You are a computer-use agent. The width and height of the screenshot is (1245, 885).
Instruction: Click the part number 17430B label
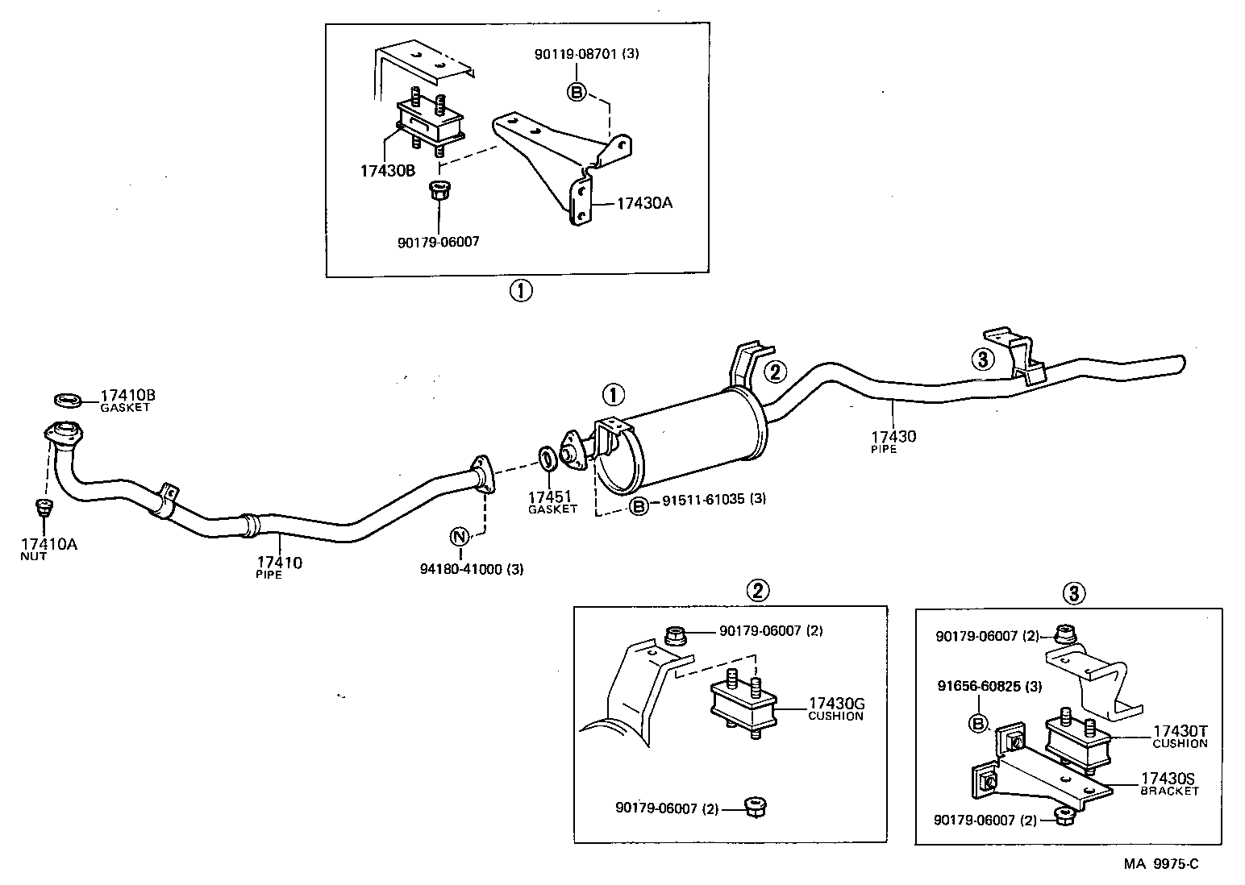click(389, 172)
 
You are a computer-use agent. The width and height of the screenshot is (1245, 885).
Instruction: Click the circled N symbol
click(459, 537)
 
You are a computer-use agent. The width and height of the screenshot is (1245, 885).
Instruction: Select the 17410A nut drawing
click(44, 508)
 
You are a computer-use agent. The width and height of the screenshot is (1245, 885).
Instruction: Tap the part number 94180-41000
click(461, 569)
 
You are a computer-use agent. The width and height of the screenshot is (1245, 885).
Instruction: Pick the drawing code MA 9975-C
click(1162, 865)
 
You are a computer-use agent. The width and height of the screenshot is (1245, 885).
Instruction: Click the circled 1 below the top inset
click(520, 290)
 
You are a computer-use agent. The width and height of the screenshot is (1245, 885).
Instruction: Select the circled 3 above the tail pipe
click(982, 359)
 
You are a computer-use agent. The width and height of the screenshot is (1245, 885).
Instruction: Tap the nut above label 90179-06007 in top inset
click(438, 193)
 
